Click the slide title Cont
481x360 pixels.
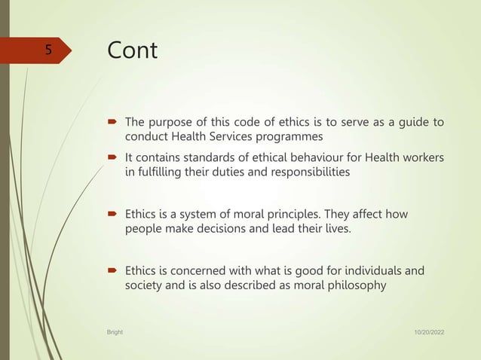click(133, 50)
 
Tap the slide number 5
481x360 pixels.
click(47, 50)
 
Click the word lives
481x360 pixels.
click(336, 229)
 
